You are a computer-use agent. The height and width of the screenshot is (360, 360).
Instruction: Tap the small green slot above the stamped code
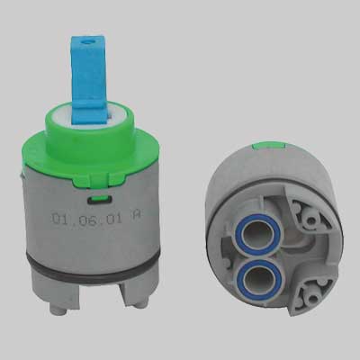[98, 199]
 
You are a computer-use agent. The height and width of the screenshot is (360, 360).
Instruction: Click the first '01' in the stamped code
[59, 219]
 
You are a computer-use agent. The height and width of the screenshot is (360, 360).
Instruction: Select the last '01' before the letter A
[113, 219]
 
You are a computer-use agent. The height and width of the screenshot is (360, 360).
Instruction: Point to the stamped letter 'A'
[135, 216]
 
